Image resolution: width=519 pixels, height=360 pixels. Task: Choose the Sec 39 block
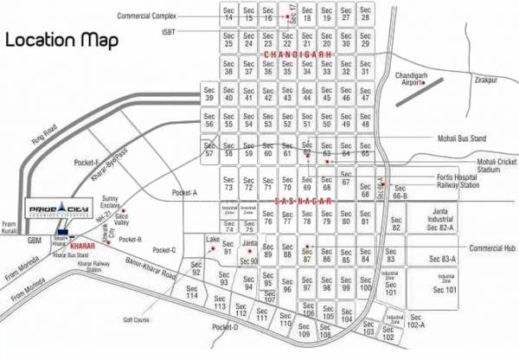tap(209, 93)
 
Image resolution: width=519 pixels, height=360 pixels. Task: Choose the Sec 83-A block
tap(445, 259)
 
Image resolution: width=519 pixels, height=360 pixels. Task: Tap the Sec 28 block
tap(367, 14)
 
